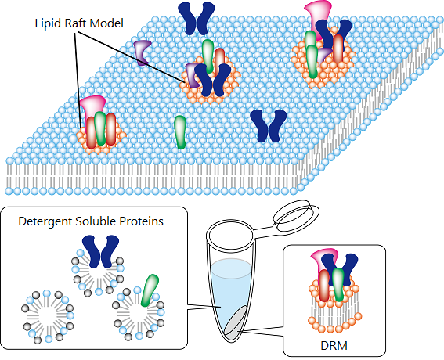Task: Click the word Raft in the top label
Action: pyautogui.click(x=74, y=23)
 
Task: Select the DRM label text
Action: pyautogui.click(x=334, y=345)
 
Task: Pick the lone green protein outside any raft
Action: pyautogui.click(x=180, y=132)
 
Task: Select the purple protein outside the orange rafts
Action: pyautogui.click(x=143, y=53)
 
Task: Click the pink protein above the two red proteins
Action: pyautogui.click(x=92, y=106)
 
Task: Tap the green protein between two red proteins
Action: pyautogui.click(x=100, y=128)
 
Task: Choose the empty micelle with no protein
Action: pyautogui.click(x=47, y=316)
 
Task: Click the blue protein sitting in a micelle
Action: pyautogui.click(x=100, y=251)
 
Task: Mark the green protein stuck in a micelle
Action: pyautogui.click(x=150, y=290)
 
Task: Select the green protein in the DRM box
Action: pyautogui.click(x=338, y=284)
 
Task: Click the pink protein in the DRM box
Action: pyautogui.click(x=323, y=259)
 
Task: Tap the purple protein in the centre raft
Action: pyautogui.click(x=193, y=75)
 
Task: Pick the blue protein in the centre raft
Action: pyautogui.click(x=213, y=80)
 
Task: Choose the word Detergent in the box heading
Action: pyautogui.click(x=45, y=221)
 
